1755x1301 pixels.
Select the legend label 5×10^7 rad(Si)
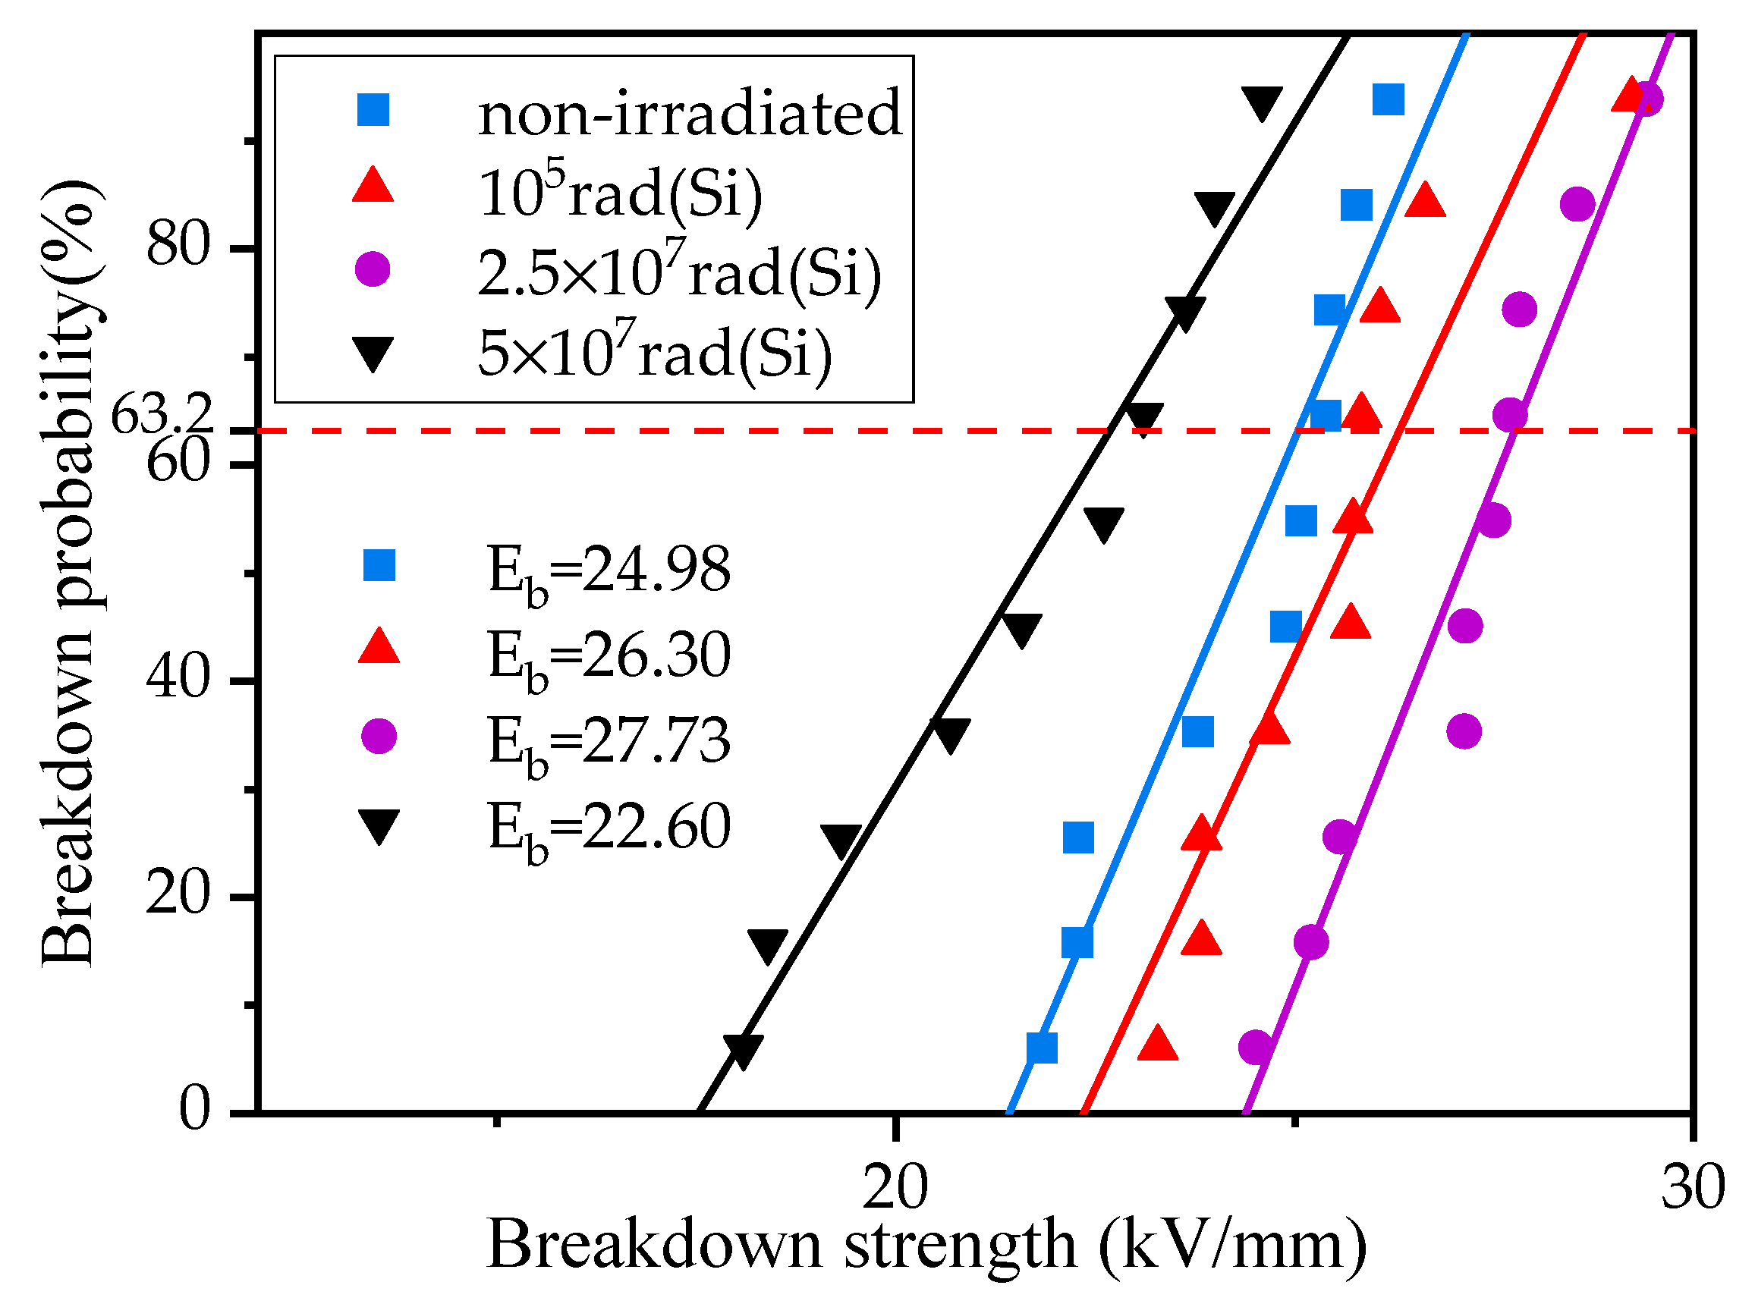coord(654,354)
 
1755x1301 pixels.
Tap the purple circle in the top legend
coord(373,269)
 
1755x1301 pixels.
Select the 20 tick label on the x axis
coord(895,1188)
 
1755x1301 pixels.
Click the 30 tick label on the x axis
coord(1692,1188)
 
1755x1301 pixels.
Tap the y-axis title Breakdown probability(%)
coord(69,573)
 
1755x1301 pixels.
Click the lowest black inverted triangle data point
coord(742,1051)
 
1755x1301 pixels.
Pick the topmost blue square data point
coord(1388,100)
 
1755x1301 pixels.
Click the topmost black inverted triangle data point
coord(1262,103)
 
